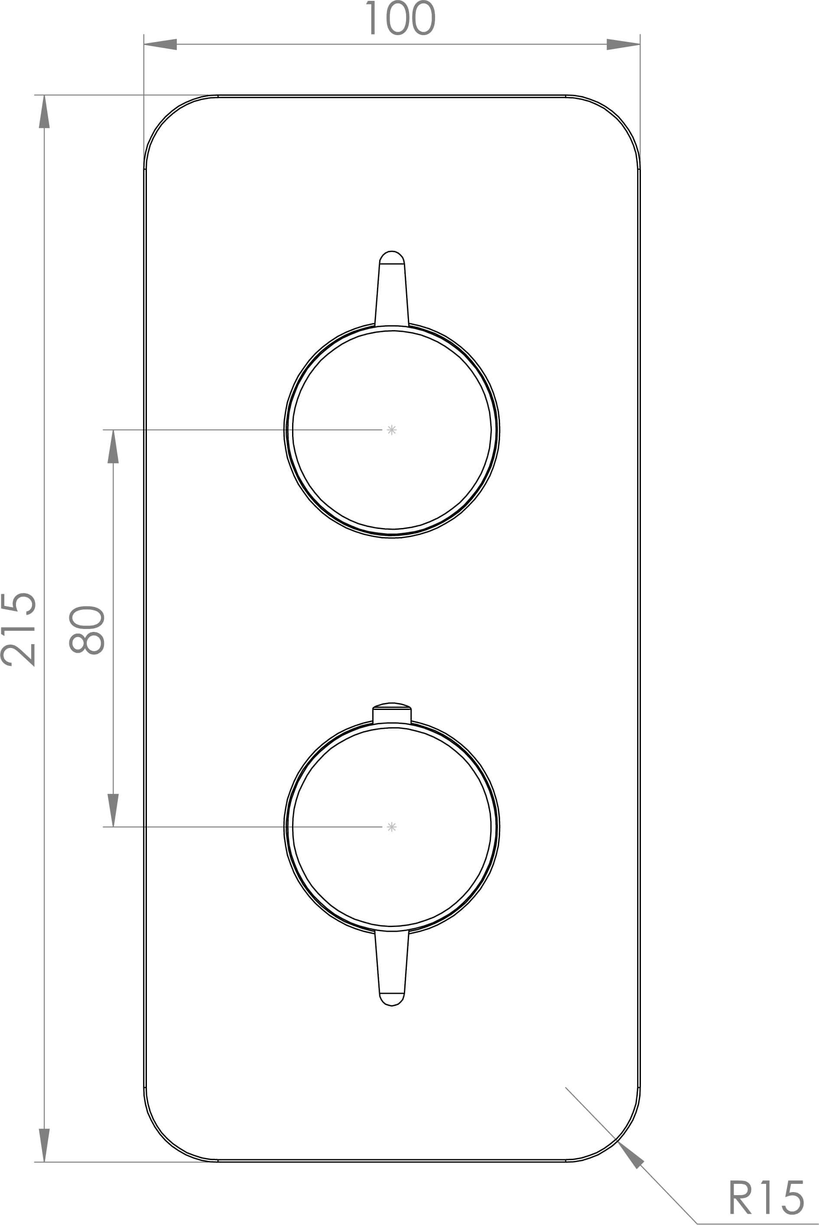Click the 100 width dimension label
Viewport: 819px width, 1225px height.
400,18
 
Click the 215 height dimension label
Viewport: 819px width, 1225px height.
19,629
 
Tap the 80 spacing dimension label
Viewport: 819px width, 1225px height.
87,630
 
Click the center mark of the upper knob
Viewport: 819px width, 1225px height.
392,430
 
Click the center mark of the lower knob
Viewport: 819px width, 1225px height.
392,826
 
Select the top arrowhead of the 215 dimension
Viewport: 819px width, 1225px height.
44,112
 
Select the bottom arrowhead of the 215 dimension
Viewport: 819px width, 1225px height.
44,1145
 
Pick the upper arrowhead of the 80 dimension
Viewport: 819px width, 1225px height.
114,447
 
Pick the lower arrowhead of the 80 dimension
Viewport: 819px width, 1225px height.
114,810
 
